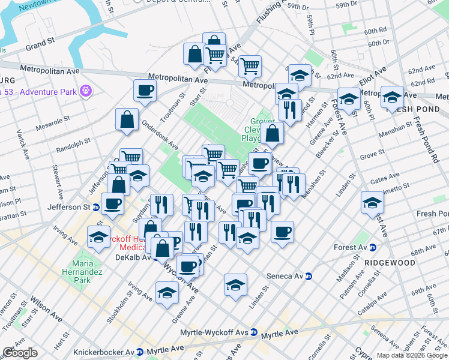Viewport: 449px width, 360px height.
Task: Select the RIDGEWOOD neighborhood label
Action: click(x=389, y=263)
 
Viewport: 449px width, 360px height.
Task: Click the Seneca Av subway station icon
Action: click(x=309, y=277)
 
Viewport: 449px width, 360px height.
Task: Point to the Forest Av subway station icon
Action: click(x=372, y=247)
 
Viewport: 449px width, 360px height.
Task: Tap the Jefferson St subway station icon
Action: click(x=95, y=207)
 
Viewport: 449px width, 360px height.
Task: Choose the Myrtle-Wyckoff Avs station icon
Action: click(x=254, y=332)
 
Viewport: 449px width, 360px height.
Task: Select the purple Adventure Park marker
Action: click(x=86, y=91)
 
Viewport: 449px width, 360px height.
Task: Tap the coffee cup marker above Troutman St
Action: click(x=145, y=91)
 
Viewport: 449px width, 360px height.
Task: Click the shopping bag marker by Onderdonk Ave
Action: click(x=128, y=119)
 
